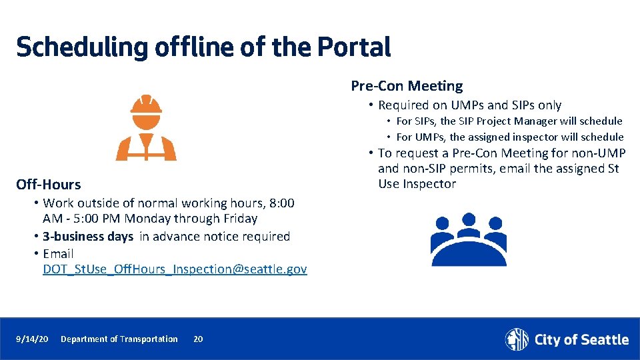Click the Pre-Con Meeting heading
(x=407, y=86)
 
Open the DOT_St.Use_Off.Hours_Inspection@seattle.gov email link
(x=175, y=269)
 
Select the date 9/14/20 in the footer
(x=32, y=339)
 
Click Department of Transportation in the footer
(x=119, y=339)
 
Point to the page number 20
(x=198, y=339)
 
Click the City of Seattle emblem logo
(x=517, y=339)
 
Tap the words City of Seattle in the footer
(x=581, y=340)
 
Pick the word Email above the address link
(x=58, y=254)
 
